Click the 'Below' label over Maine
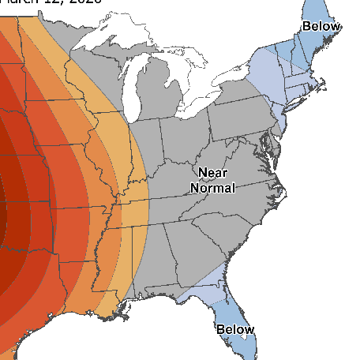pyautogui.click(x=321, y=26)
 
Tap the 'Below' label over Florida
pyautogui.click(x=235, y=329)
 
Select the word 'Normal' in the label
pyautogui.click(x=212, y=189)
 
